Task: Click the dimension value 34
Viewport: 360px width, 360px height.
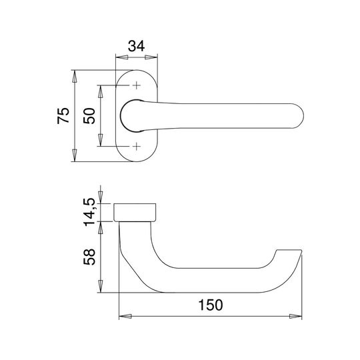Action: click(x=136, y=46)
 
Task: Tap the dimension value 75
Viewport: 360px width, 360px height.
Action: click(x=63, y=115)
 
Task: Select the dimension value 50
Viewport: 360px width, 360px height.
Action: click(x=89, y=116)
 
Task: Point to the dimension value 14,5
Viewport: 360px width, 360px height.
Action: click(x=89, y=212)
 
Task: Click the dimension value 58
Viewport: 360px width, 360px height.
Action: click(x=89, y=257)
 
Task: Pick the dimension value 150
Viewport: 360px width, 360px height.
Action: click(x=210, y=305)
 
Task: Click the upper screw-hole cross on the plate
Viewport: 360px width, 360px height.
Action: click(x=137, y=85)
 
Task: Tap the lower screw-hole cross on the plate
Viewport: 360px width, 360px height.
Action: click(x=137, y=146)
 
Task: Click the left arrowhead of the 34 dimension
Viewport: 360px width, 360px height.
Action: click(x=122, y=57)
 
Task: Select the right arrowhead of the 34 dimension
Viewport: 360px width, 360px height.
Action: click(x=151, y=57)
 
